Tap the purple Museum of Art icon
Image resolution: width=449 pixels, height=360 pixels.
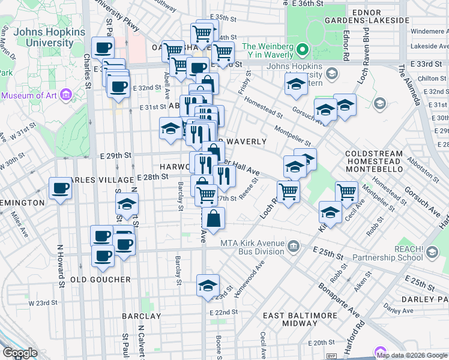click(x=67, y=95)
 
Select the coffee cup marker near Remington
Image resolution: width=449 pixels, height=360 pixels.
click(x=60, y=188)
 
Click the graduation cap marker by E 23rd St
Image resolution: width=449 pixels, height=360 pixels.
click(x=208, y=285)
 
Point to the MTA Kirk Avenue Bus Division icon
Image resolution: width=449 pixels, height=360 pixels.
click(x=294, y=245)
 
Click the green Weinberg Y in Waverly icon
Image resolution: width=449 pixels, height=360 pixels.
click(x=303, y=50)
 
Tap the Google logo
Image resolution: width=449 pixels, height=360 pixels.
click(x=20, y=353)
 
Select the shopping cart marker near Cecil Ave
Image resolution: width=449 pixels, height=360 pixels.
click(x=346, y=192)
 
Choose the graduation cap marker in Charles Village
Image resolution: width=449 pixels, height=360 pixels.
click(x=127, y=205)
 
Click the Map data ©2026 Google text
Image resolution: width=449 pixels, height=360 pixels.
click(x=412, y=355)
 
